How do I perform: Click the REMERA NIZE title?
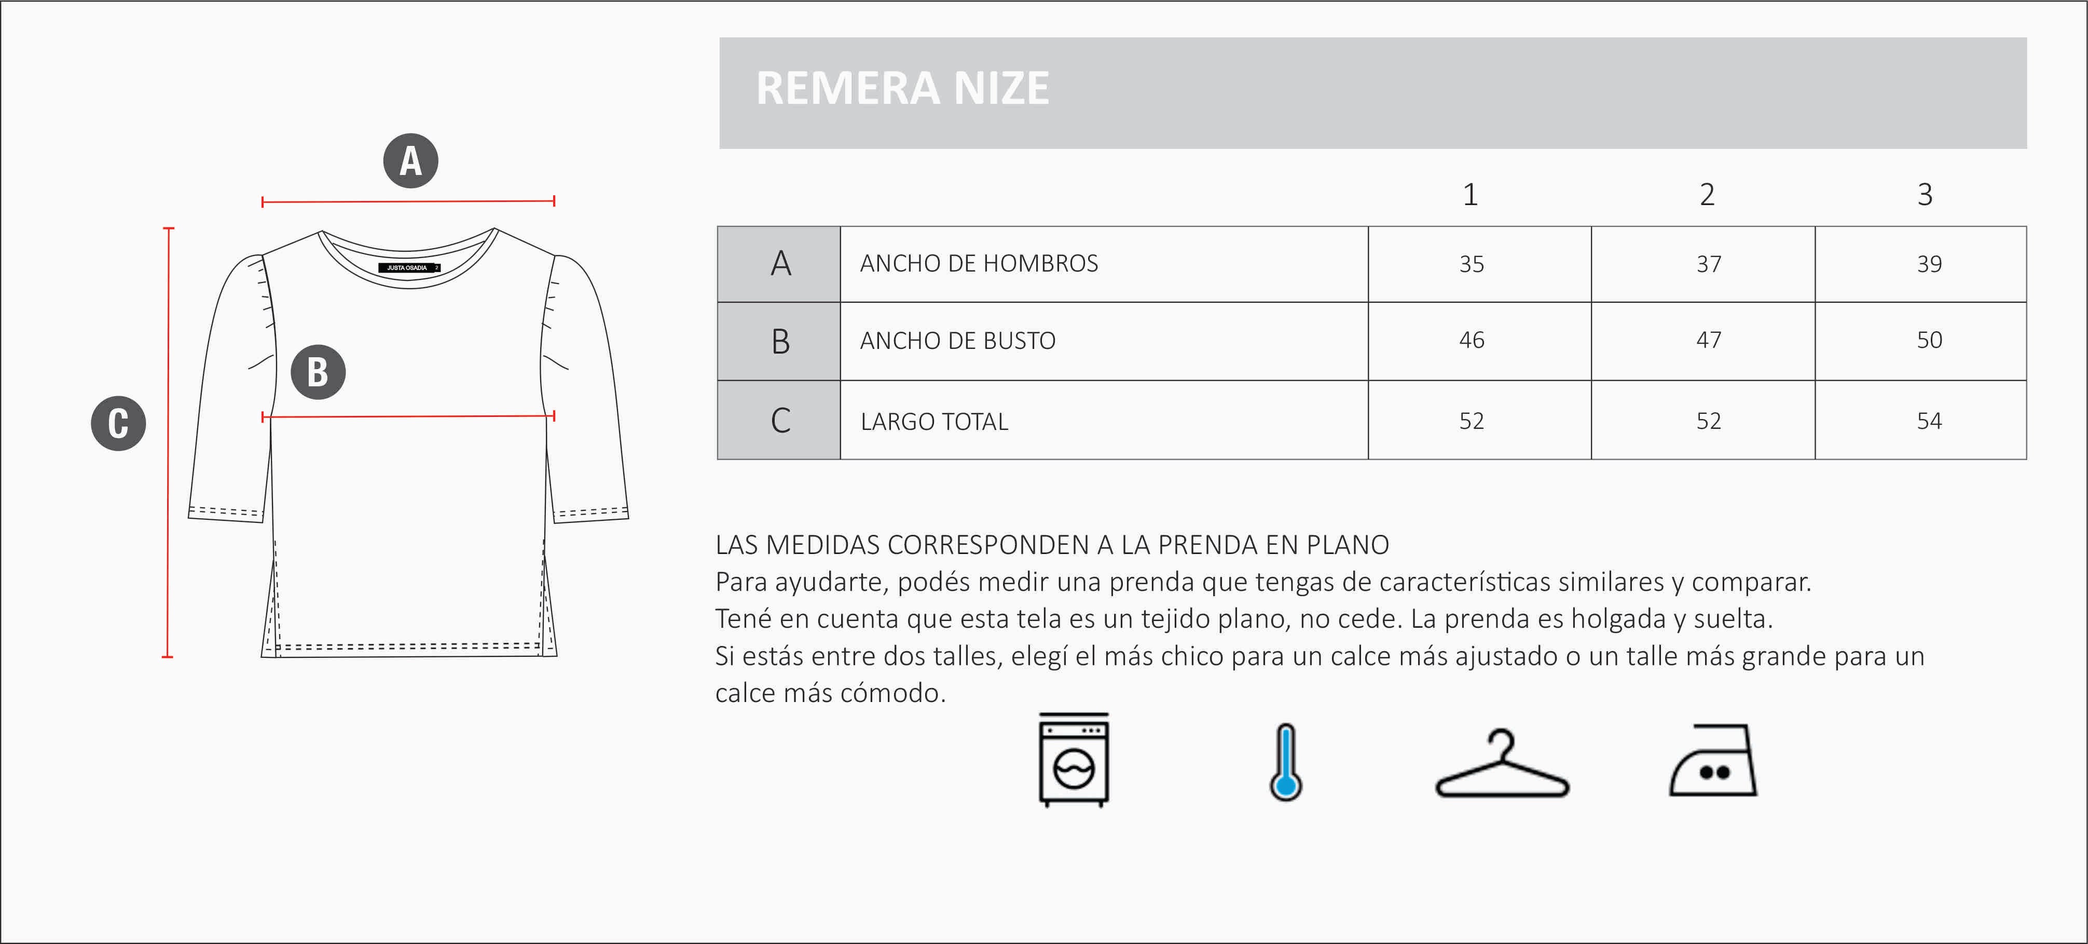[902, 88]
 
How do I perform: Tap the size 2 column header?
[1707, 195]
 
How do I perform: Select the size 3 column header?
[1925, 195]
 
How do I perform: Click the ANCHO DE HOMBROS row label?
[978, 264]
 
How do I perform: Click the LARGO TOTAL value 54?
[1929, 421]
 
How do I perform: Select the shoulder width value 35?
[1471, 264]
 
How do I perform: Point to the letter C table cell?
[780, 420]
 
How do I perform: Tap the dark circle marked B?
[318, 372]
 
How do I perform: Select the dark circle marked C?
[118, 423]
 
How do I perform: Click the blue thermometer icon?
[1286, 762]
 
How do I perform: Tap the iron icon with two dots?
[1713, 762]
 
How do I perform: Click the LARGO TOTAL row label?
[934, 422]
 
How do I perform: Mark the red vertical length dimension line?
[168, 442]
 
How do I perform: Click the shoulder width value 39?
[1929, 264]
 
